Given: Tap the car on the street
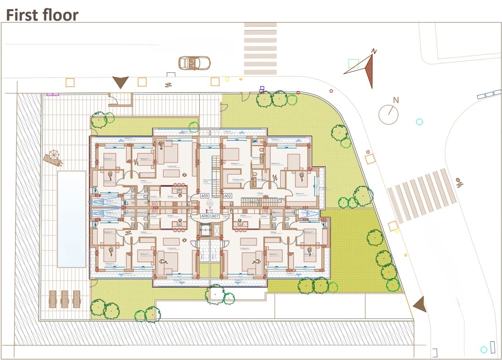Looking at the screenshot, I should [194, 62].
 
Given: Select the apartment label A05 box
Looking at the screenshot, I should [205, 196].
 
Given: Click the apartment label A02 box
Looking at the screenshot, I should [228, 196].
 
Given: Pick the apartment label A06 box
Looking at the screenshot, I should [205, 216].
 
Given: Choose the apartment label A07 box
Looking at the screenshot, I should [215, 216].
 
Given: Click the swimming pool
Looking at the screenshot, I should [71, 219].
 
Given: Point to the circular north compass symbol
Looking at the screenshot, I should [388, 114].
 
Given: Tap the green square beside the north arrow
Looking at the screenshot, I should [353, 64].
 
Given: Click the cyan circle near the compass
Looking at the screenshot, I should [419, 122].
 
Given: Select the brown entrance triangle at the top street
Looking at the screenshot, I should [120, 82].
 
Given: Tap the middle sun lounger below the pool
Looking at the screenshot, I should [65, 299].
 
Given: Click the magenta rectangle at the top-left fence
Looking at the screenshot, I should [53, 94].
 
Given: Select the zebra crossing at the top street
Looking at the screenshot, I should [260, 49].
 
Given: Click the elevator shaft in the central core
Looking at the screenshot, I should [206, 231].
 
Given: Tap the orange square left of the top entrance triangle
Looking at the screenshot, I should [70, 82].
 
